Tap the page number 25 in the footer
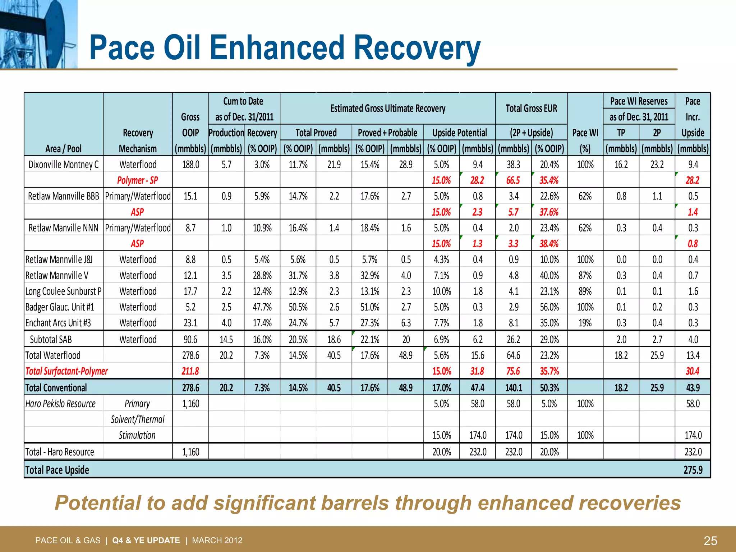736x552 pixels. tap(710, 540)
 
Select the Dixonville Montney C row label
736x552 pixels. tap(63, 165)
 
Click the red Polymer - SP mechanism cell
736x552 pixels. tap(137, 180)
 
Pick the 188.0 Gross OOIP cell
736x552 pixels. tap(190, 165)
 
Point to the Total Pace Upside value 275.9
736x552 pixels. tap(693, 470)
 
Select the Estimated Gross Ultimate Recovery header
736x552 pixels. tap(387, 109)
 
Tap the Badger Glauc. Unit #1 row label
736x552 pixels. tap(60, 307)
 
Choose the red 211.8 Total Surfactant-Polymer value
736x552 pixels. tap(190, 371)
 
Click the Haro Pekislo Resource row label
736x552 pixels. tap(60, 404)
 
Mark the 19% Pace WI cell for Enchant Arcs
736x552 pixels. tap(585, 323)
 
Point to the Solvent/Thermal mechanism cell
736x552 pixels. tap(137, 419)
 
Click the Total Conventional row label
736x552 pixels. tap(56, 388)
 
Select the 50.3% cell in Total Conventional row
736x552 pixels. tap(549, 388)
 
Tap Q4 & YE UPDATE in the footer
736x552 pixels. tap(146, 540)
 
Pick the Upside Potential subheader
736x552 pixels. tap(459, 133)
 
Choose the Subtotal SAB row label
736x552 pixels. tap(51, 340)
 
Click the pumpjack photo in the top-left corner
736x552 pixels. tap(38, 34)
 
